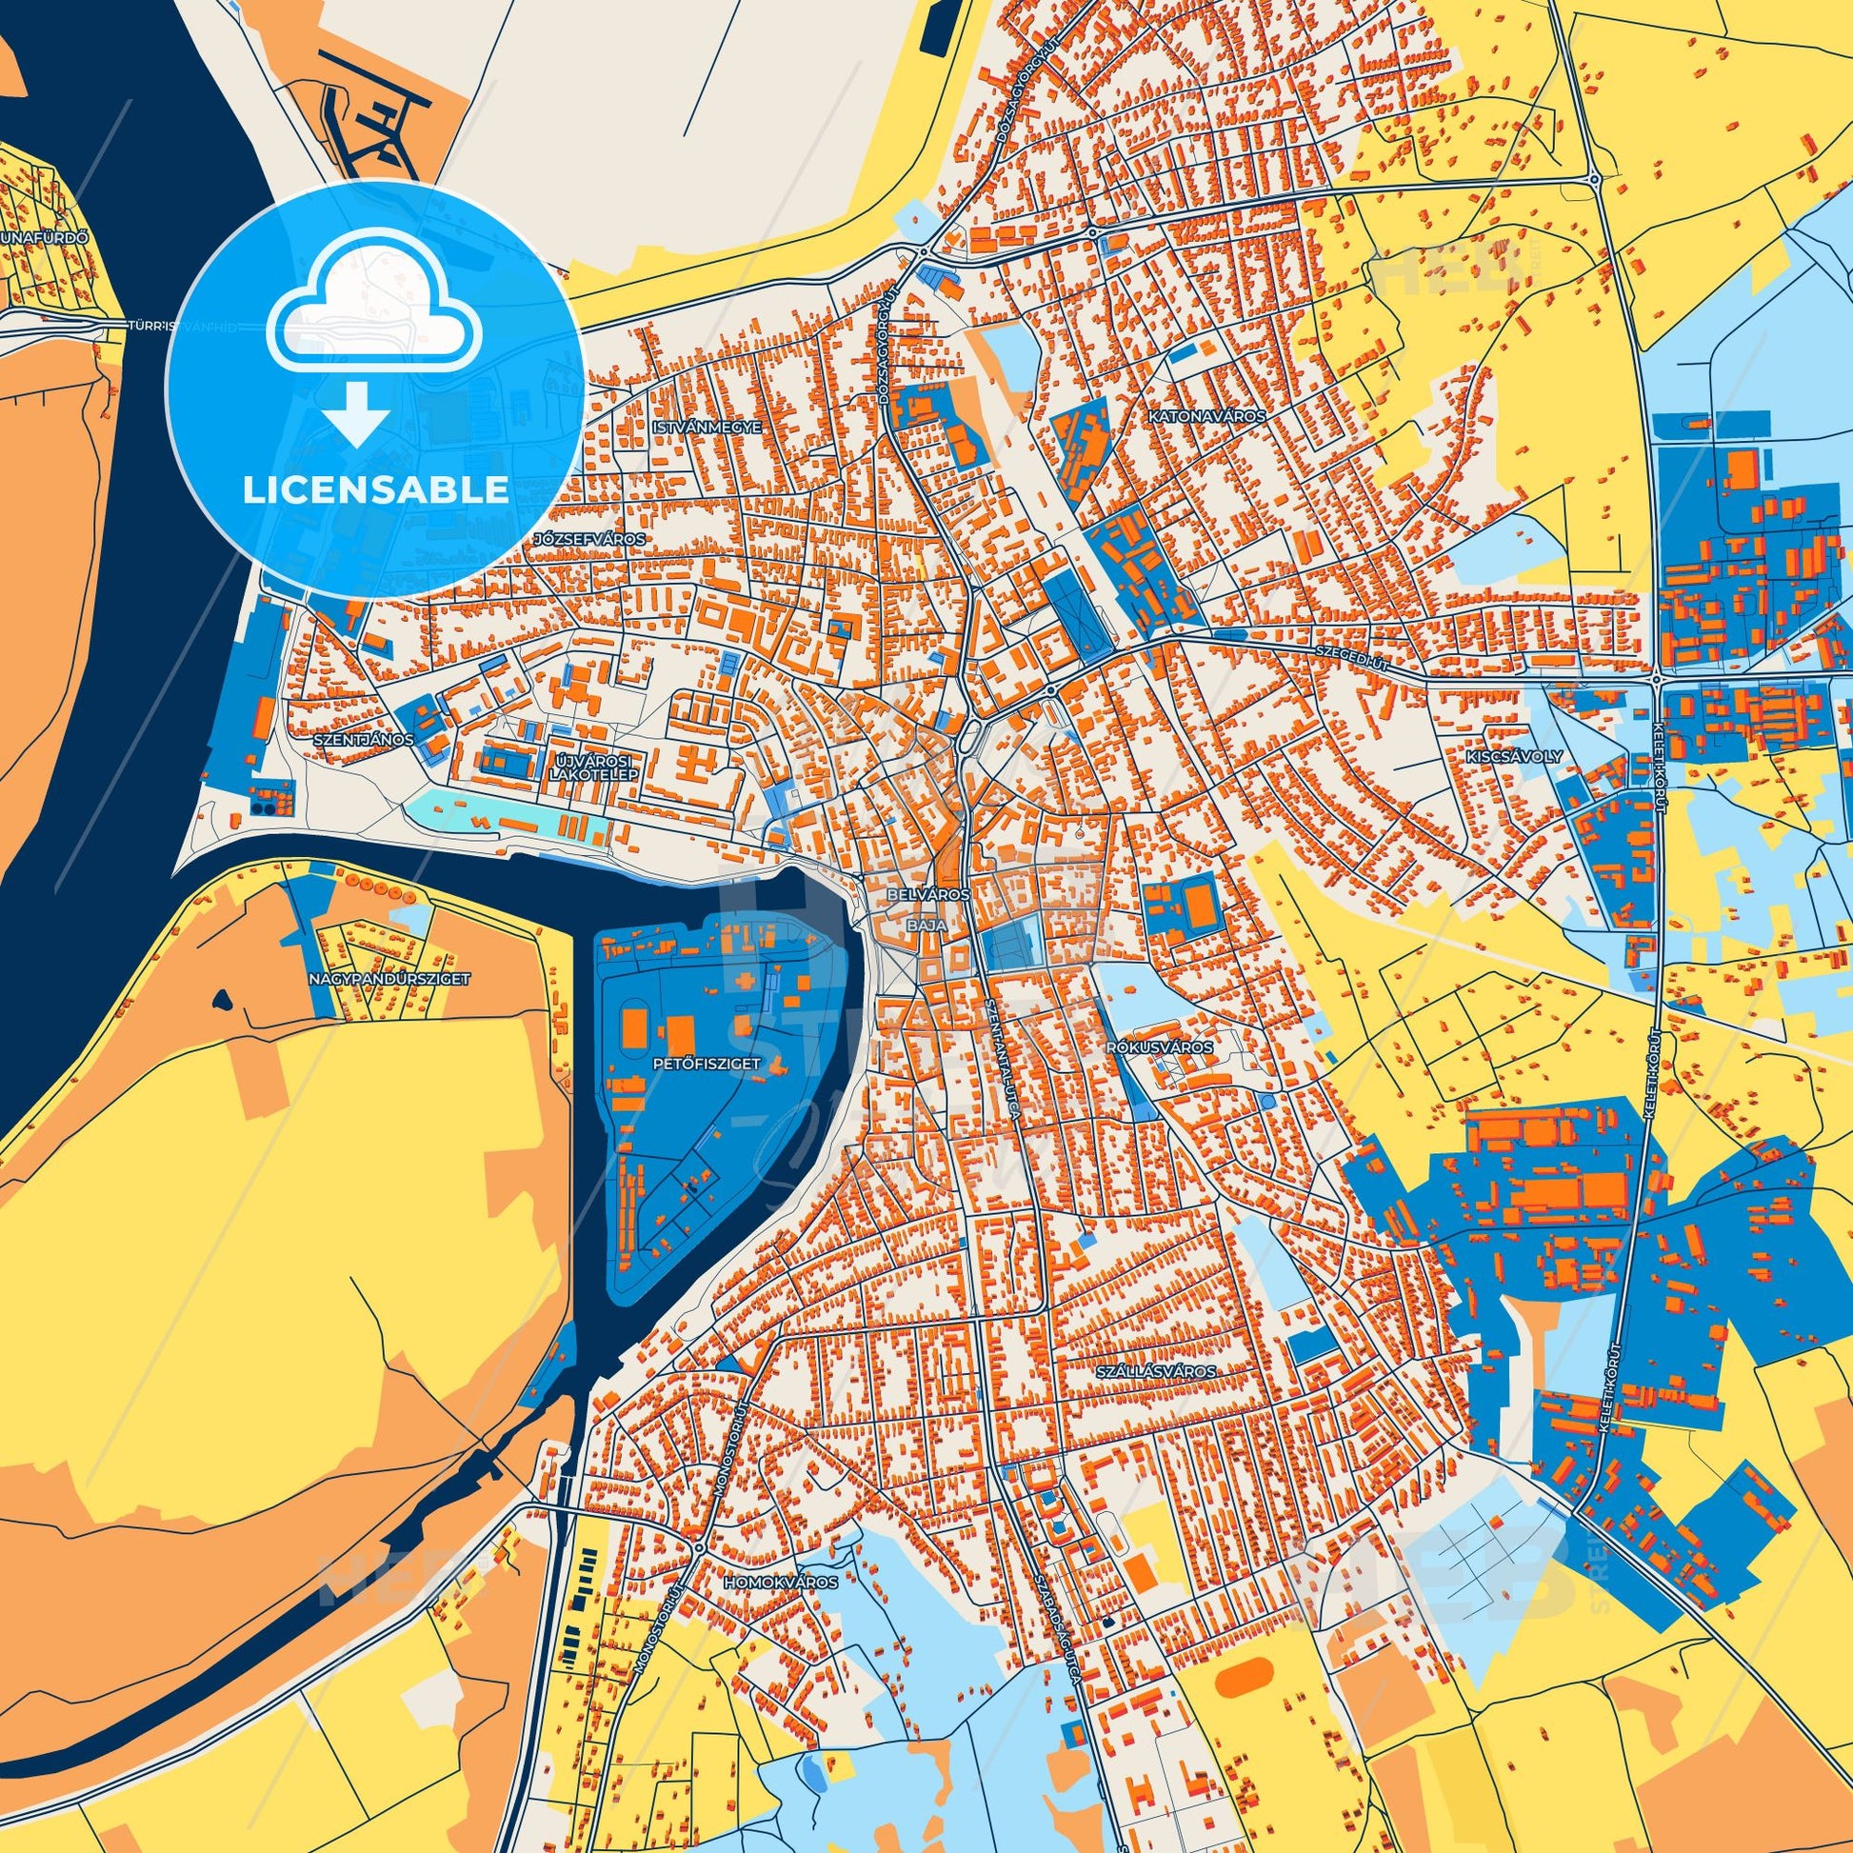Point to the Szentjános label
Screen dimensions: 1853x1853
pos(364,740)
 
